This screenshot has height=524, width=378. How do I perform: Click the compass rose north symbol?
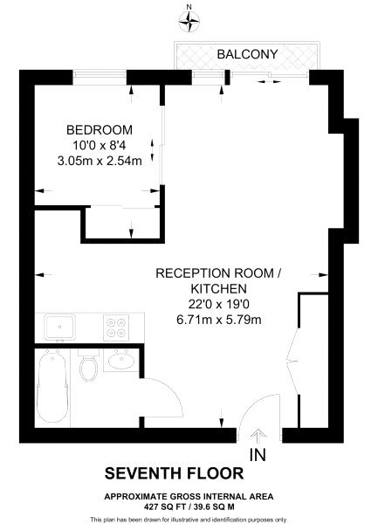(x=189, y=22)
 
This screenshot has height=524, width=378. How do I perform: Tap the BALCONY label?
(x=247, y=54)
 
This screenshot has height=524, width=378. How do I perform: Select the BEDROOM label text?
(x=100, y=129)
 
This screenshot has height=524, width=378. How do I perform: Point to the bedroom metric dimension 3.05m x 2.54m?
(x=100, y=161)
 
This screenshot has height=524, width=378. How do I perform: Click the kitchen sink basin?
(x=59, y=327)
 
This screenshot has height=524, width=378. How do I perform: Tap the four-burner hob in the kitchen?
(x=116, y=327)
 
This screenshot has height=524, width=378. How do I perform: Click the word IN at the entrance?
(x=258, y=455)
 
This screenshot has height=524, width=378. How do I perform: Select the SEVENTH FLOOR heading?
(x=175, y=473)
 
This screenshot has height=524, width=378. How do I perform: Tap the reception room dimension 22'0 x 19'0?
(x=219, y=305)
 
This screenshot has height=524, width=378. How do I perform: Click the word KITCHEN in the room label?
(x=219, y=288)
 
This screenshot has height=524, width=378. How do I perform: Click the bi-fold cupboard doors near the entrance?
(x=292, y=360)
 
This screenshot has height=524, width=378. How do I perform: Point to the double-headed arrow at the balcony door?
(x=269, y=81)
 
